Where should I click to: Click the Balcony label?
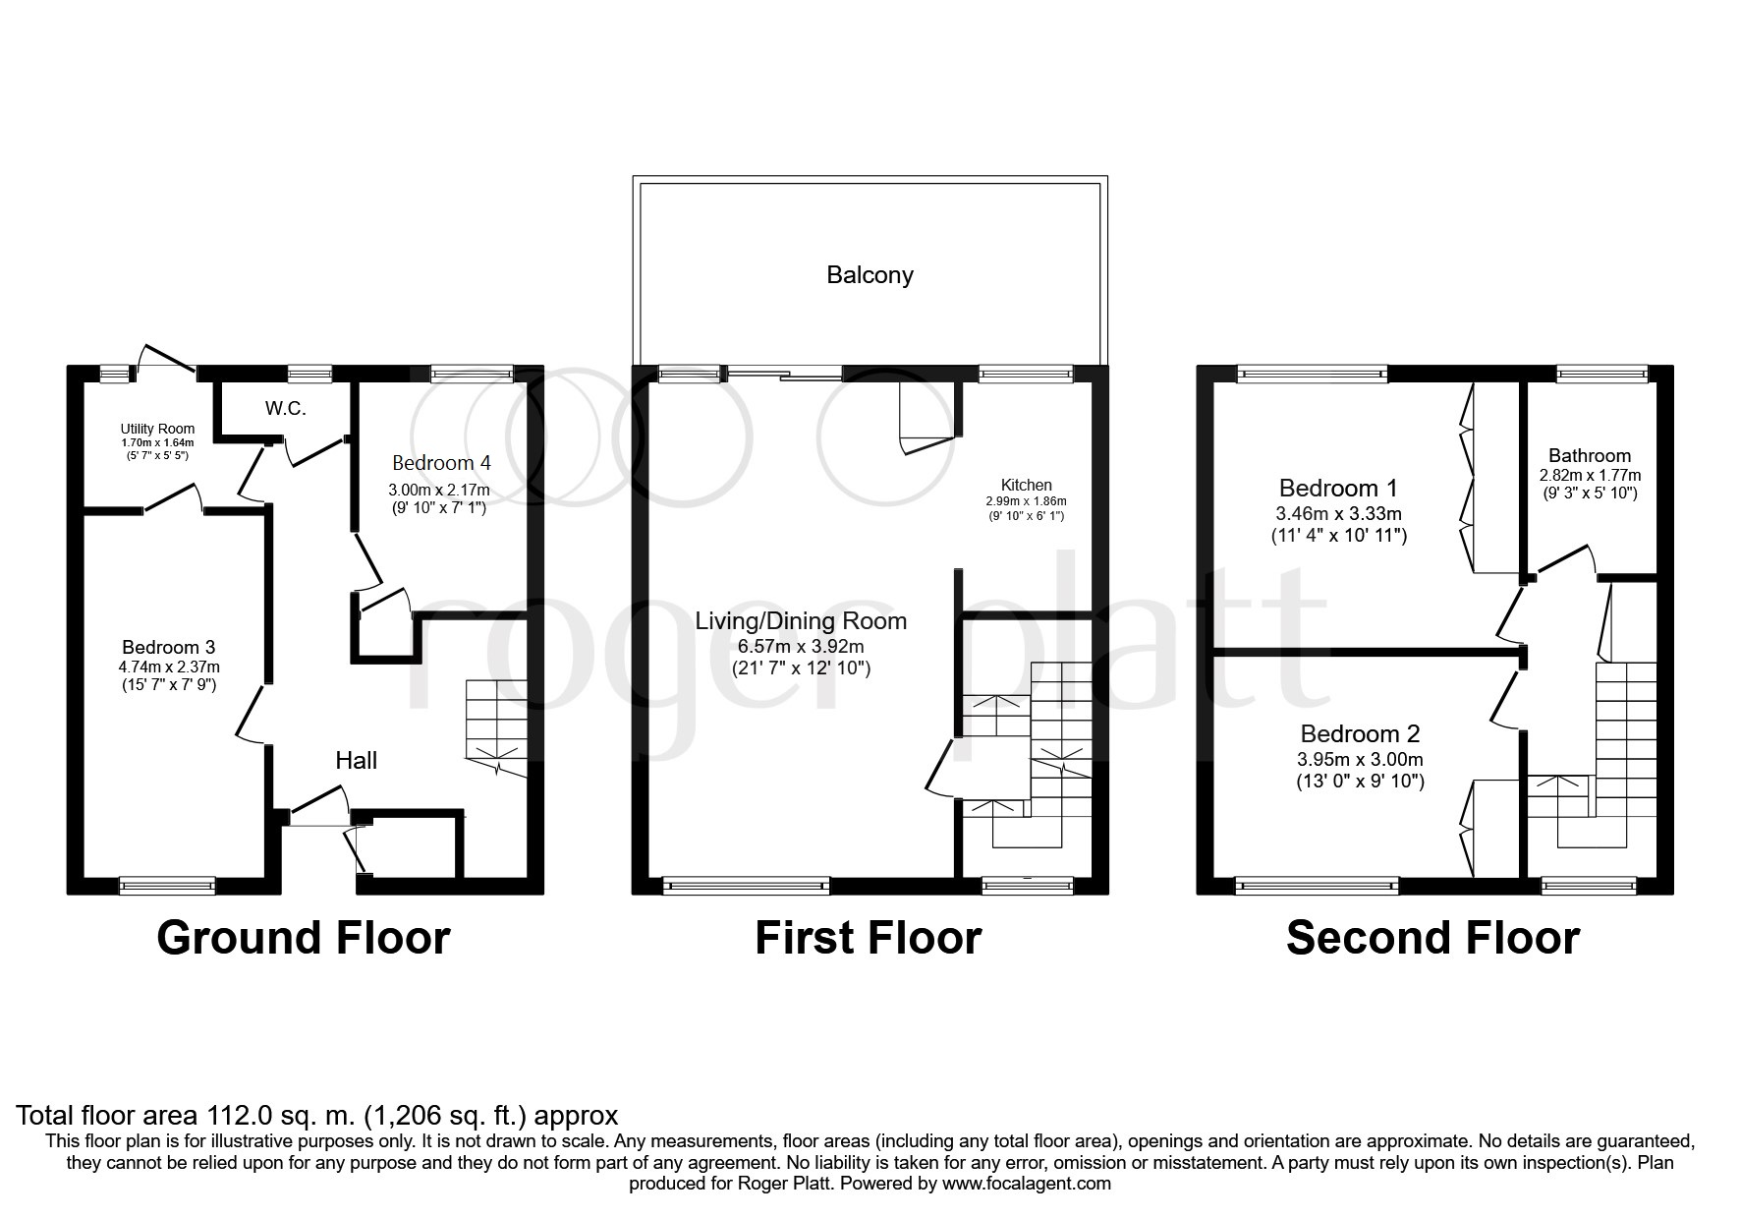(870, 275)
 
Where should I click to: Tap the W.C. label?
(285, 408)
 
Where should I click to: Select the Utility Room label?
(157, 429)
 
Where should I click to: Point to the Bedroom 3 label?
(168, 647)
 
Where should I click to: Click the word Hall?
(356, 760)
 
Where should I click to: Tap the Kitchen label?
(1026, 485)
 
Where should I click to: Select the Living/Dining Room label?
(801, 621)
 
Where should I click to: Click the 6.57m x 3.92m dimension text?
(801, 647)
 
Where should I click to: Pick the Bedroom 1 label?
(1338, 488)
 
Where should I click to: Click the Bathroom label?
(1590, 455)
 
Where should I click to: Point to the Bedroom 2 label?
(1360, 734)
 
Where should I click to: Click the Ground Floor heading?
(304, 938)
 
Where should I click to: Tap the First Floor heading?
(869, 938)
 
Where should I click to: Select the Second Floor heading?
(1432, 938)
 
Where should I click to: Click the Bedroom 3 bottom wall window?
(167, 886)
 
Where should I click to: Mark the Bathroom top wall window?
(1602, 373)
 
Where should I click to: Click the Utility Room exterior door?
(167, 361)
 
